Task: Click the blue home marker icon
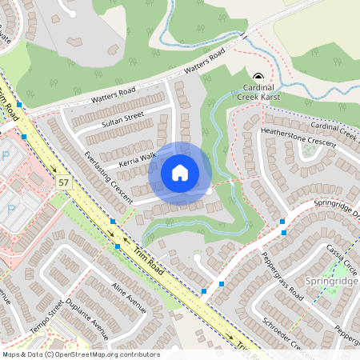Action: [180, 173]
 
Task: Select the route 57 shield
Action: [63, 183]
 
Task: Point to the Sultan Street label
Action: [122, 121]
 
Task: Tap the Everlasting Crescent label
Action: [101, 171]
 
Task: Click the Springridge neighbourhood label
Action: [331, 282]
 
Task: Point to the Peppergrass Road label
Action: [282, 276]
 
